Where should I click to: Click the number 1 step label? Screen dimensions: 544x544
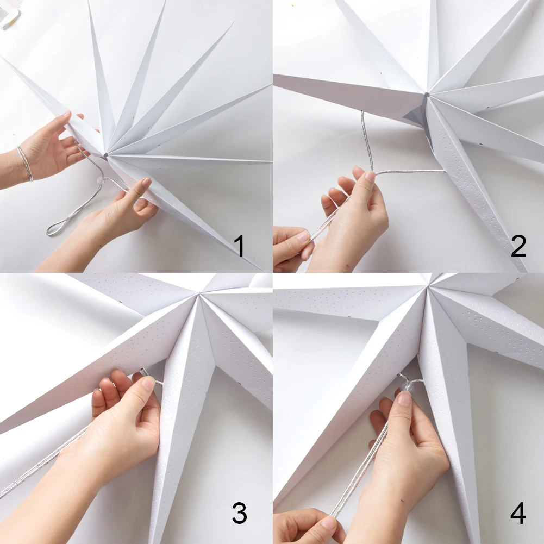point(239,246)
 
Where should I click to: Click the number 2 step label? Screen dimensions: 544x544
point(518,246)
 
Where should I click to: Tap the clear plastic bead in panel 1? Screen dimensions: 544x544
point(101,180)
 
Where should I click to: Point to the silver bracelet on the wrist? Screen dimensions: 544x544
point(26,164)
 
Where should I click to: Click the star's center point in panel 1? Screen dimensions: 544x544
point(106,155)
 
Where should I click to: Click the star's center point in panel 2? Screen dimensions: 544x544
point(427,95)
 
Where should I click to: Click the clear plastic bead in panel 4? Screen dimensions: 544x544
point(407,386)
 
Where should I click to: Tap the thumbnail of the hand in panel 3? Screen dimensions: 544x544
point(149,383)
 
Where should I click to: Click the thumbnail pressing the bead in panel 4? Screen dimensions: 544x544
point(404,398)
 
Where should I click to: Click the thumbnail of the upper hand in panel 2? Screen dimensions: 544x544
point(370,176)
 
